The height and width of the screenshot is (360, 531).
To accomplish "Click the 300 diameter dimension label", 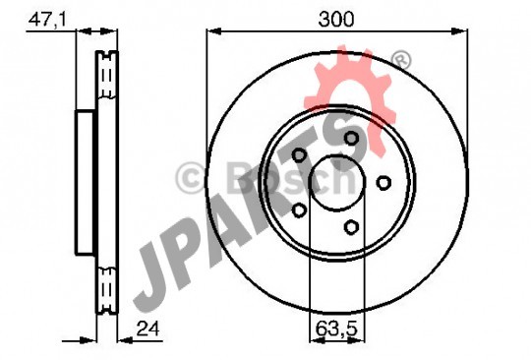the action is pos(336,19).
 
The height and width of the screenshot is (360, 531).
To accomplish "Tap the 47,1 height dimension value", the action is pos(47,20).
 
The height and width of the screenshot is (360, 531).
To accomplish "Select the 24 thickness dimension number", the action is pos(147,329).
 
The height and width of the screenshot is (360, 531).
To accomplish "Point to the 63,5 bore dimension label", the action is pos(337,329).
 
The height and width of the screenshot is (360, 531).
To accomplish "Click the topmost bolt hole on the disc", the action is pos(351,138).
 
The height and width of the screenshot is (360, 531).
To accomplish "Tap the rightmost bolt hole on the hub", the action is pos(383,183).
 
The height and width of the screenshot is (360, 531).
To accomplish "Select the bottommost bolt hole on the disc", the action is pos(351,226).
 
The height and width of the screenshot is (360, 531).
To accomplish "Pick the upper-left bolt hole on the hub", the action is pos(299,155).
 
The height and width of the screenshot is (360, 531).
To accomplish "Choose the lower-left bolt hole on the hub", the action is pos(299,210).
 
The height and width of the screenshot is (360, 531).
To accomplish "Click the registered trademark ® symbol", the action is pos(401,61).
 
